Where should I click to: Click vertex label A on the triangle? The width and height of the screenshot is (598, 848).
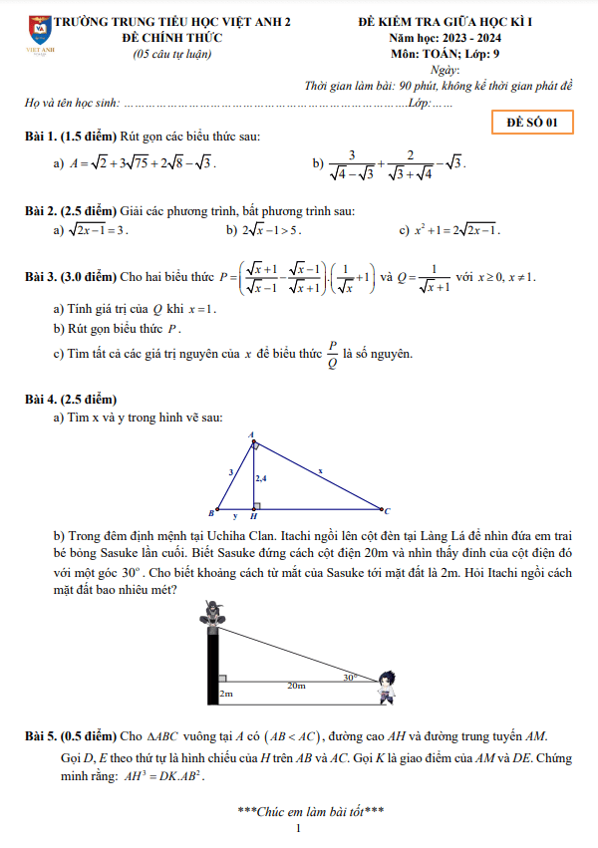pos(251,433)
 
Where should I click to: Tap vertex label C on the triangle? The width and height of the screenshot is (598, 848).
pos(387,510)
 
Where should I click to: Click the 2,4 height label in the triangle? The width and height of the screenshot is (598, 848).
pos(261,479)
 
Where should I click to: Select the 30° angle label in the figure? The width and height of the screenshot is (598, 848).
pos(350,677)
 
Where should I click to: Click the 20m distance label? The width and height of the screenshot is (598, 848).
pos(297,686)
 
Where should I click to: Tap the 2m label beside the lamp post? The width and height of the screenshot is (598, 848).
pos(225,694)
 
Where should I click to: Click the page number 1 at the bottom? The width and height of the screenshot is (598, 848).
pos(298,829)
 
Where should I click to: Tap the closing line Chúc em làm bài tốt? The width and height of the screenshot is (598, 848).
pos(311,811)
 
